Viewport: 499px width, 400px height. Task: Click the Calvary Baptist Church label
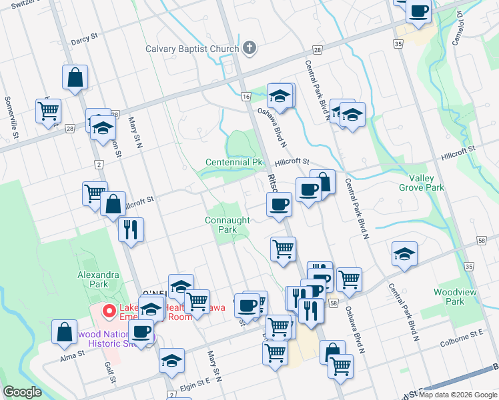(x=192, y=49)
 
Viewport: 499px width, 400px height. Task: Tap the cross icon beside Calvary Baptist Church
(x=249, y=48)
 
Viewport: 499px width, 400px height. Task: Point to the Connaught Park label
(x=227, y=225)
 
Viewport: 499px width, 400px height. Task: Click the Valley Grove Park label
(x=421, y=183)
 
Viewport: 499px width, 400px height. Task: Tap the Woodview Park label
(x=448, y=297)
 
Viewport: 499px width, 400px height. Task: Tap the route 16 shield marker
(x=245, y=97)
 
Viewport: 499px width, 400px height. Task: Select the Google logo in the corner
(x=22, y=392)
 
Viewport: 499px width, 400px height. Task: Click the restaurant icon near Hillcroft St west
(x=131, y=229)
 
